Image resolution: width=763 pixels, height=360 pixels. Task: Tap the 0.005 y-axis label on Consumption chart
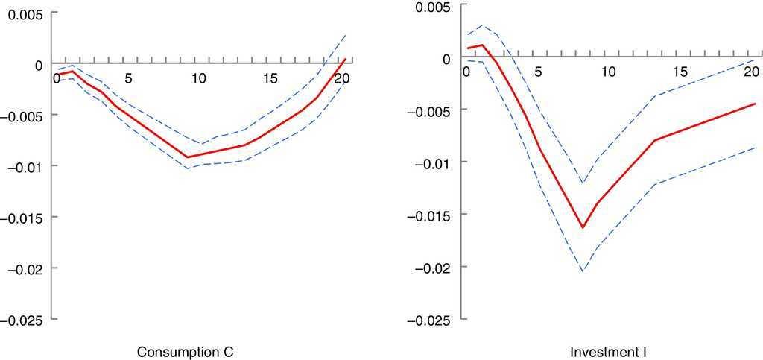[25, 13]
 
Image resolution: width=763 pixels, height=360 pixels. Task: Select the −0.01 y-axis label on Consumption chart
[25, 166]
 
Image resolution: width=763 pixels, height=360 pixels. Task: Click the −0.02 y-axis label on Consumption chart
[25, 268]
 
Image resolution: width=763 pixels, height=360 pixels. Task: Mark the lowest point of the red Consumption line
[188, 157]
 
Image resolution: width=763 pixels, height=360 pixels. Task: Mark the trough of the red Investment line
[583, 227]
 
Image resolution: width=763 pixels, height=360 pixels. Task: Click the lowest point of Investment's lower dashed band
[583, 272]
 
